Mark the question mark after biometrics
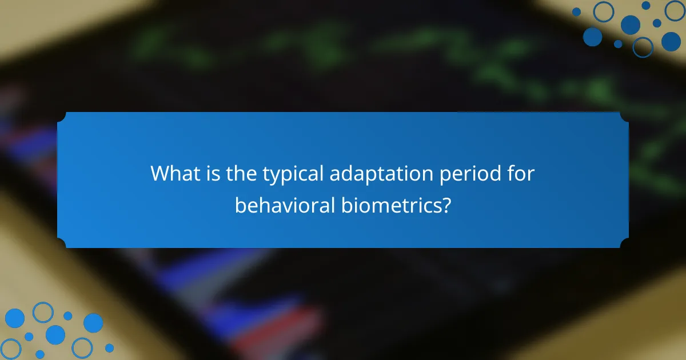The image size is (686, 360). (445, 205)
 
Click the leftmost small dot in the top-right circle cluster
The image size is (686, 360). (576, 11)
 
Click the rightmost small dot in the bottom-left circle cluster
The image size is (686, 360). (109, 347)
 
